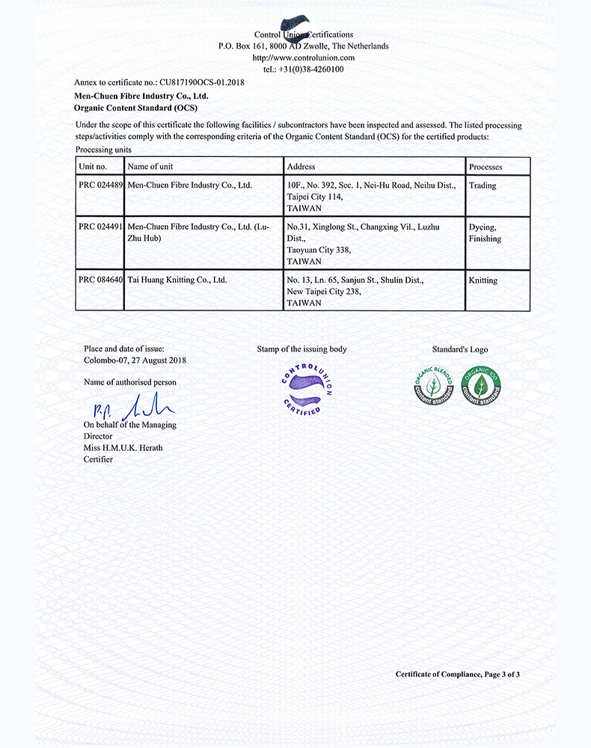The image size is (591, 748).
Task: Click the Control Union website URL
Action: tap(303, 58)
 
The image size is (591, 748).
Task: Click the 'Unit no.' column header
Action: tap(93, 166)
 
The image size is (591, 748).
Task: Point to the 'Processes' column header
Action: tap(486, 167)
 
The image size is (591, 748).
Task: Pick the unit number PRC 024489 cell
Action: tap(99, 186)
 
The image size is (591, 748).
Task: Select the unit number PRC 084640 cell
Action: tap(99, 280)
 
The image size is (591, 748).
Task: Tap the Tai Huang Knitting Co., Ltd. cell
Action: tap(177, 280)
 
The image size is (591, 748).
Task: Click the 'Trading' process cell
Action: tap(483, 186)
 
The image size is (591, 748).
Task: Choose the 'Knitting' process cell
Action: tap(483, 280)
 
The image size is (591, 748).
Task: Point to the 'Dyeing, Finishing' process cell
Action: tap(485, 233)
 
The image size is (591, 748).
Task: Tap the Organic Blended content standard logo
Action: tap(433, 385)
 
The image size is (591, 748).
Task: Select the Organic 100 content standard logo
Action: tap(481, 385)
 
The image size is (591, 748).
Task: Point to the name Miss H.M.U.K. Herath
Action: tap(123, 448)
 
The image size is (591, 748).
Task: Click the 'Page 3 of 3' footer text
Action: tap(502, 675)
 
